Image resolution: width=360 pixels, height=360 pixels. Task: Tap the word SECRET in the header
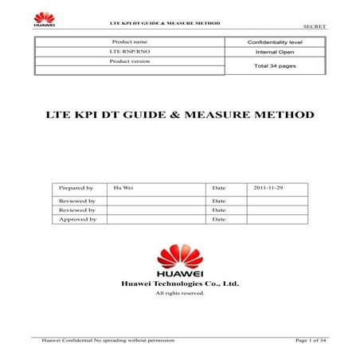(315, 26)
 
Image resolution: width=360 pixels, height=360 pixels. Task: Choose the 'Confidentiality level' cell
(274, 41)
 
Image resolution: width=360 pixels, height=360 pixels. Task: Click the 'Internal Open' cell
(274, 51)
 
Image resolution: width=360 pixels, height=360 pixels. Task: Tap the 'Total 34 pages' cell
(274, 65)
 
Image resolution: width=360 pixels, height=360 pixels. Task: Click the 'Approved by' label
(78, 218)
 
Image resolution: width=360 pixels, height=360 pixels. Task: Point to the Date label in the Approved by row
(220, 218)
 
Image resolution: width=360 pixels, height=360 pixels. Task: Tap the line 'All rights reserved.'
(179, 293)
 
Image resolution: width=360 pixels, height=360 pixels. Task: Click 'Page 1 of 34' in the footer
(310, 340)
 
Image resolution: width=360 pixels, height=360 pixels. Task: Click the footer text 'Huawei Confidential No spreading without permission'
(98, 340)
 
